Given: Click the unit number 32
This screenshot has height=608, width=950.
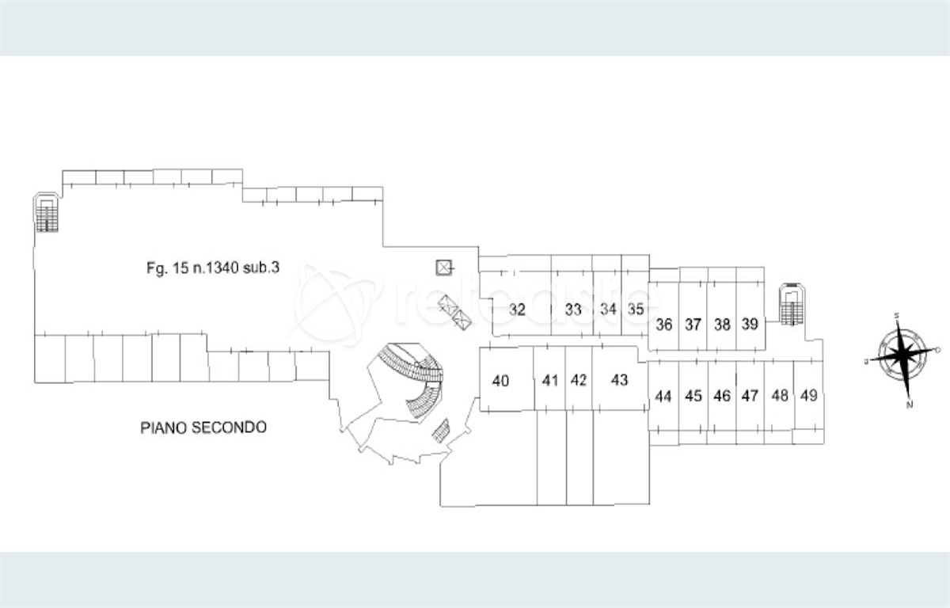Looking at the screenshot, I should [518, 310].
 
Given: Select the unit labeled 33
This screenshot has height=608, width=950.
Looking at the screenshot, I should [574, 310].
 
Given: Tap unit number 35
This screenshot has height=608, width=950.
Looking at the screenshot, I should [636, 310].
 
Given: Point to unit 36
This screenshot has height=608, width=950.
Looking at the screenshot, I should [664, 325].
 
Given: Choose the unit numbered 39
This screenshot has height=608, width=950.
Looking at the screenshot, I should [750, 324].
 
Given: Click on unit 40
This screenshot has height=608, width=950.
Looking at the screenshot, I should [500, 381].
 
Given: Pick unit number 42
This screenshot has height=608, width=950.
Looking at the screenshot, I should [579, 381].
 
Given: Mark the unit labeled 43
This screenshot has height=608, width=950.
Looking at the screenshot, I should [620, 381].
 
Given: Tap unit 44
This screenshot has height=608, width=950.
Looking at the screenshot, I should [664, 396].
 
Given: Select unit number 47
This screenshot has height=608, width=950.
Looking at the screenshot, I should [750, 396].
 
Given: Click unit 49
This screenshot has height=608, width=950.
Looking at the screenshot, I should [808, 395].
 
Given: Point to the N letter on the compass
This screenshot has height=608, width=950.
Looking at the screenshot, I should [910, 405].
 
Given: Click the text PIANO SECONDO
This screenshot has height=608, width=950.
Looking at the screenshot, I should [203, 427].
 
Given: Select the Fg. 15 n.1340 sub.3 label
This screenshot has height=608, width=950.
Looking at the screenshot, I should [213, 268].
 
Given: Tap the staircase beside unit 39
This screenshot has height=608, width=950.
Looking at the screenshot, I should [792, 305].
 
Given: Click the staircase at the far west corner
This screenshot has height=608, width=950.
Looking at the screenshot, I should [47, 213].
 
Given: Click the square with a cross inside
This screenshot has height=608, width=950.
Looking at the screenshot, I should [444, 268].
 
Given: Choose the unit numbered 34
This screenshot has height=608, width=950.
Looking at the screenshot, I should [608, 310].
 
